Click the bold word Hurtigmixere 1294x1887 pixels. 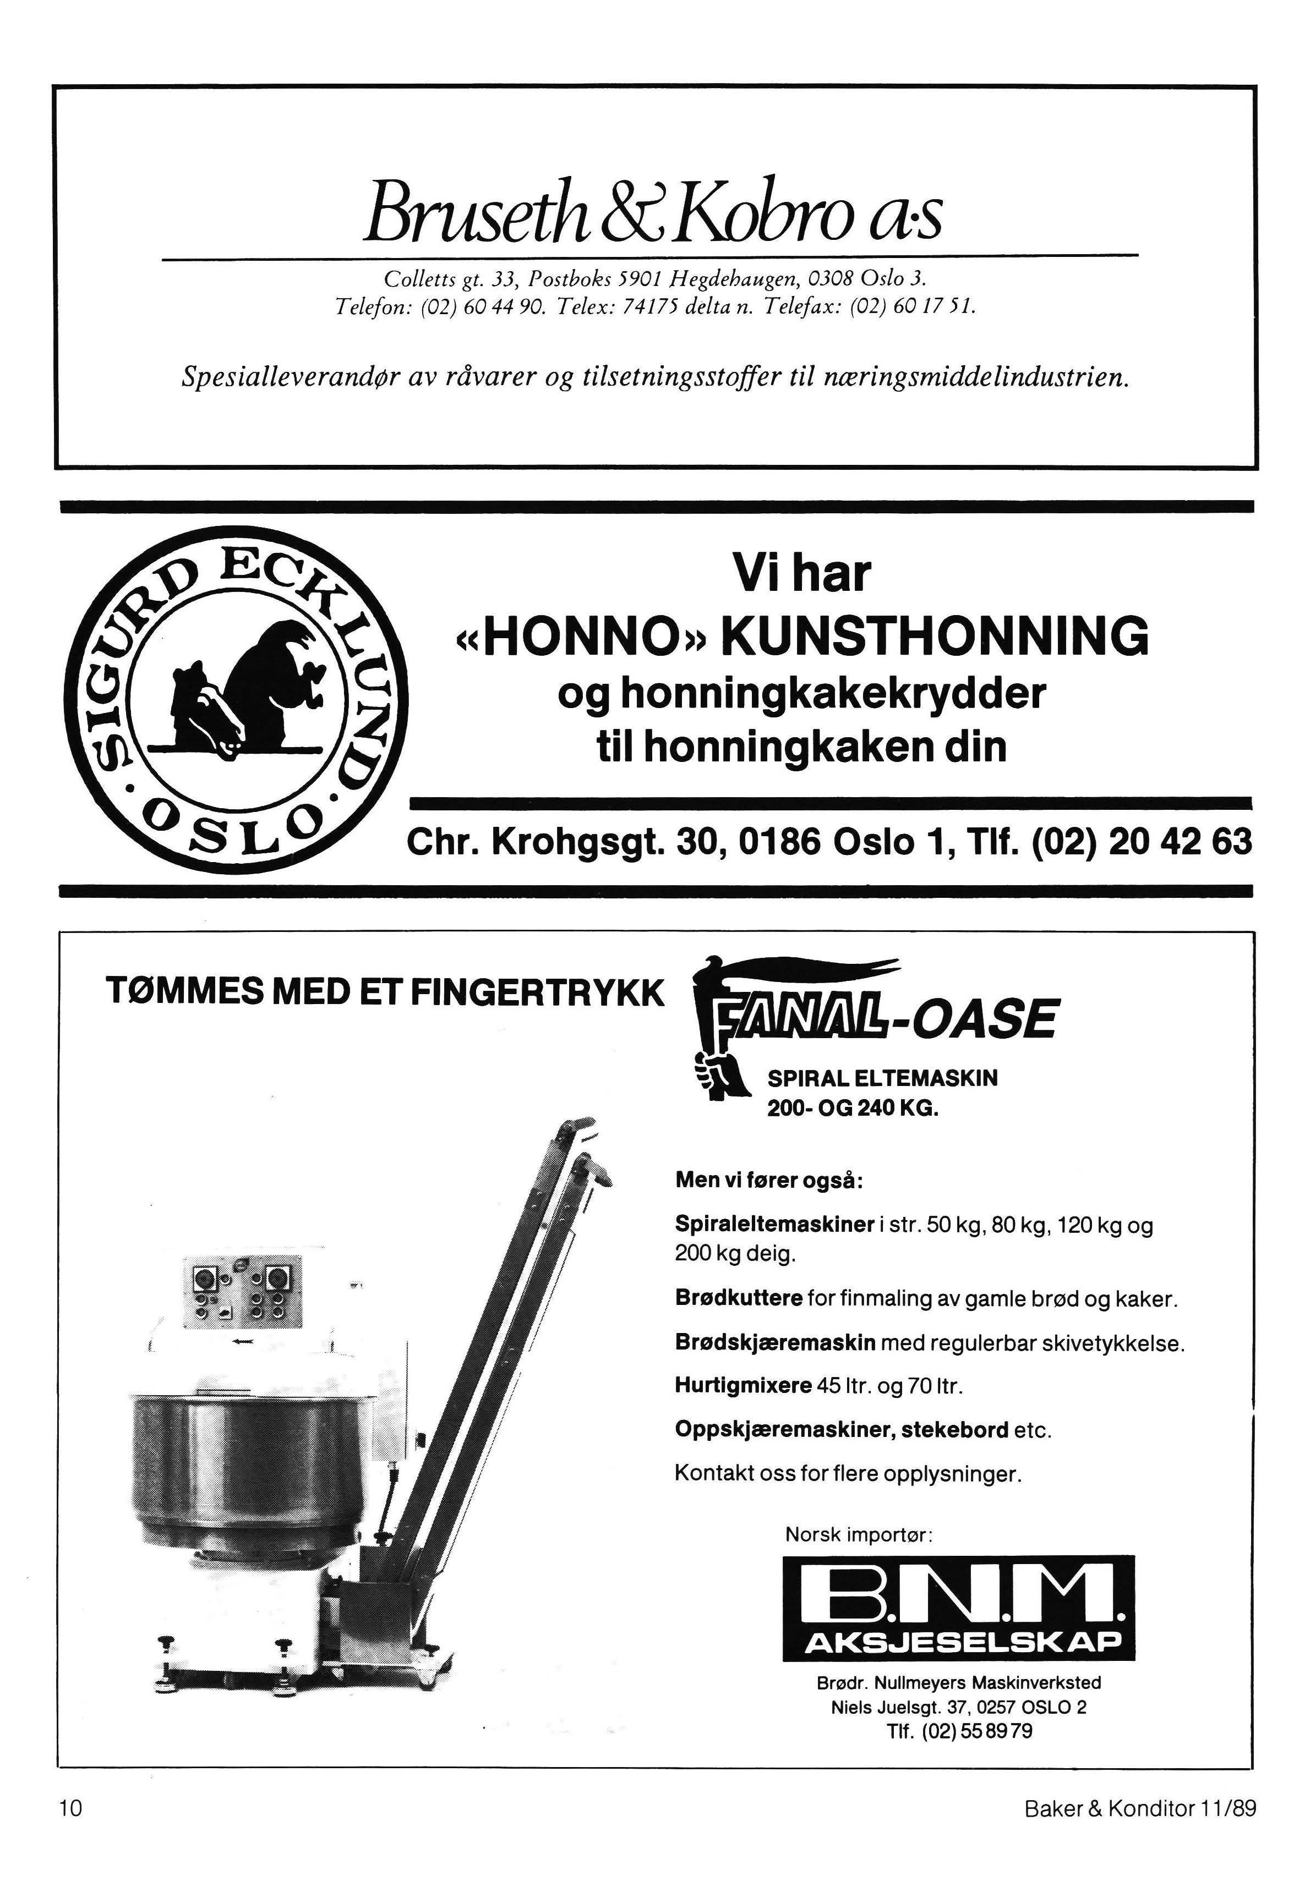pos(743,1384)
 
